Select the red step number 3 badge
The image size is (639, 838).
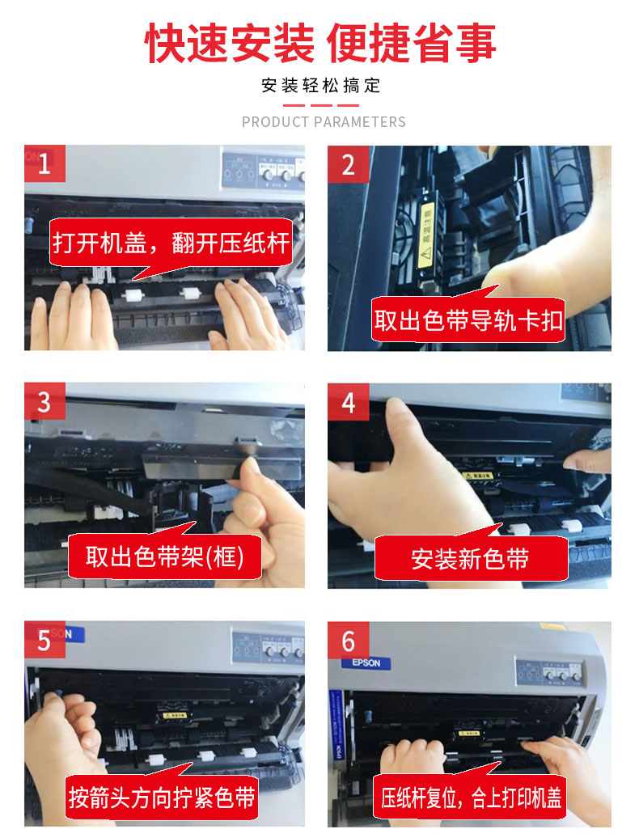click(x=44, y=402)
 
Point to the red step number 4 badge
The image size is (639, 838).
click(x=348, y=402)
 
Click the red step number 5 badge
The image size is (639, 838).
click(x=44, y=641)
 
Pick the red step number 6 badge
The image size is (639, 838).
click(x=348, y=641)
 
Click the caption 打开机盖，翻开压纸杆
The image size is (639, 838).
click(x=171, y=243)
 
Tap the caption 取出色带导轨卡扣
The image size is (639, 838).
click(x=468, y=320)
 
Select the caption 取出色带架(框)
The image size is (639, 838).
click(x=164, y=557)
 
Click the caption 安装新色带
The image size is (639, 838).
click(x=469, y=558)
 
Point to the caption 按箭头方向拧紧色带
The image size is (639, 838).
click(x=163, y=798)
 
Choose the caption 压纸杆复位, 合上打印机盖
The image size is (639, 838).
click(x=472, y=798)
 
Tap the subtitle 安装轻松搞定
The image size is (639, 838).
click(x=320, y=86)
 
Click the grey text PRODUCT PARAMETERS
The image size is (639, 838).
click(x=324, y=122)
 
